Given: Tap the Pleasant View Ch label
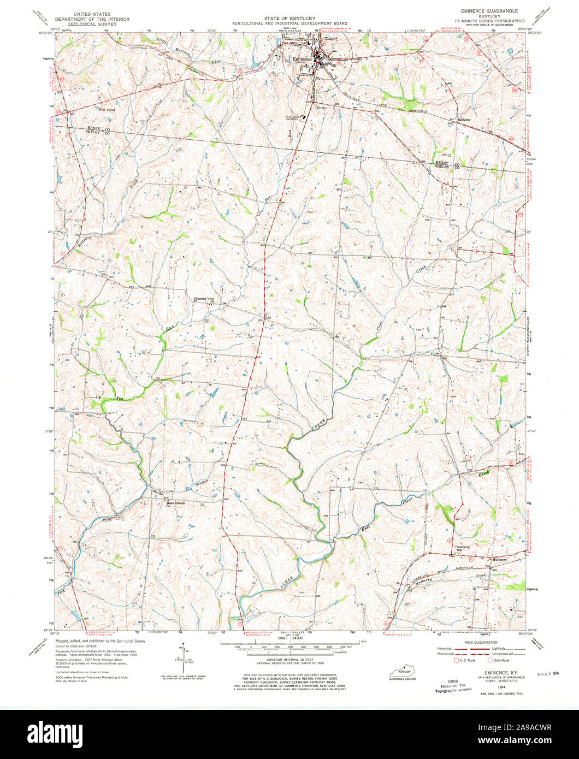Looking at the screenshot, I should [206, 300].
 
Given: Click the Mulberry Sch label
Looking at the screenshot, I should [463, 548].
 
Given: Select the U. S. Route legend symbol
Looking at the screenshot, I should [457, 660].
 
